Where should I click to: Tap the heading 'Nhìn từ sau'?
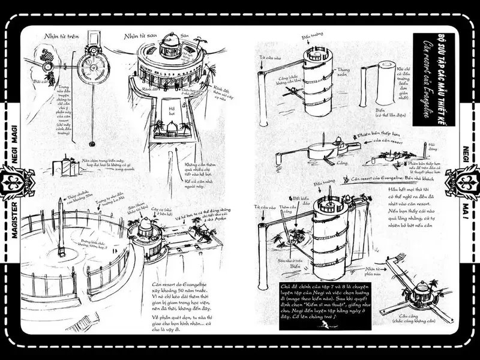(138, 36)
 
